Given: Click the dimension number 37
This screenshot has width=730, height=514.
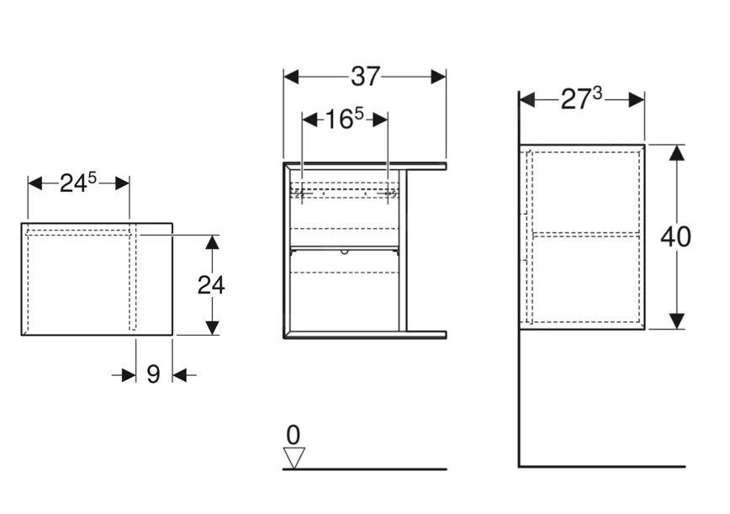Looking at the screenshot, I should click(365, 77).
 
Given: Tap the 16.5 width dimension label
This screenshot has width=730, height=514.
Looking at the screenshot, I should click(344, 119).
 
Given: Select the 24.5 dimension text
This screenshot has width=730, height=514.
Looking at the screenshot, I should click(78, 183).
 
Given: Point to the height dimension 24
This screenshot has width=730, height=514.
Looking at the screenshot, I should click(211, 284).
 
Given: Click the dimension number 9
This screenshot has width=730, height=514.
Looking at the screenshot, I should click(153, 374).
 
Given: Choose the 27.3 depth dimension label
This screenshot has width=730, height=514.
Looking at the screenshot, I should click(581, 99).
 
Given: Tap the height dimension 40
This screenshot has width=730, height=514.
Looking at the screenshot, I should click(675, 236).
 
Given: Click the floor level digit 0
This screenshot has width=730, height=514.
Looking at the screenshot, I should click(293, 435).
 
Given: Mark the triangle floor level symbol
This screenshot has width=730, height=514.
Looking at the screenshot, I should click(294, 458).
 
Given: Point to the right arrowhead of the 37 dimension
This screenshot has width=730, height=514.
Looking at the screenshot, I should click(438, 77).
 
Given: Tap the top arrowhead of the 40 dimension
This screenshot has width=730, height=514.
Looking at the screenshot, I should click(676, 152).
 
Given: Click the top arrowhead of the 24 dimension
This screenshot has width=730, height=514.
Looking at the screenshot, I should click(213, 242).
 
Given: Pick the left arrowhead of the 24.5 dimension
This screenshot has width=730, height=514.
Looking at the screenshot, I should click(35, 183).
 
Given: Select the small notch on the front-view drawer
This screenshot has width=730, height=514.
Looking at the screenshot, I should click(344, 251).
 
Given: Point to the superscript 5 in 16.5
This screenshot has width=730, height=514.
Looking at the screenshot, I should click(358, 114).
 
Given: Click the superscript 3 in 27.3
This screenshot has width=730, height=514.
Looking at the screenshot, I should click(596, 94).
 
